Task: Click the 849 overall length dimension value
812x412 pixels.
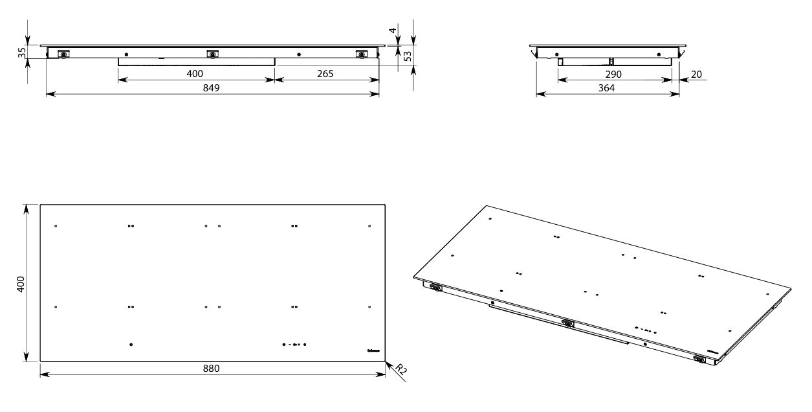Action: point(212,88)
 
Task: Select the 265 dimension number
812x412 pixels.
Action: point(325,74)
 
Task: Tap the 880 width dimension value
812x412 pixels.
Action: point(212,369)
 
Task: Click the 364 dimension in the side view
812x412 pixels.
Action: point(608,88)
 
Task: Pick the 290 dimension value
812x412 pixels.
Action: point(613,74)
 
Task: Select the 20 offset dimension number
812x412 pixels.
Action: point(696,74)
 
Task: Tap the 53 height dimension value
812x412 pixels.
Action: point(408,56)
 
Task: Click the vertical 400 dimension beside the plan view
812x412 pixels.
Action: point(20,283)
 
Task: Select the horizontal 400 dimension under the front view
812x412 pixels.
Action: point(195,74)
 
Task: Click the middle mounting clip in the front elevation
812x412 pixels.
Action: point(211,54)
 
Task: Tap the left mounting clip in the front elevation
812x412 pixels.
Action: point(63,54)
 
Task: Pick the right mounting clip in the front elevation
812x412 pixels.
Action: point(361,54)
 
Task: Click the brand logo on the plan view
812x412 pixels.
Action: point(373,349)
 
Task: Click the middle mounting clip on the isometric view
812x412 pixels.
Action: point(568,322)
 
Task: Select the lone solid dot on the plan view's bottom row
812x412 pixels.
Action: point(131,345)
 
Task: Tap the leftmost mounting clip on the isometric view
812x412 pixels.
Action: point(435,287)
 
